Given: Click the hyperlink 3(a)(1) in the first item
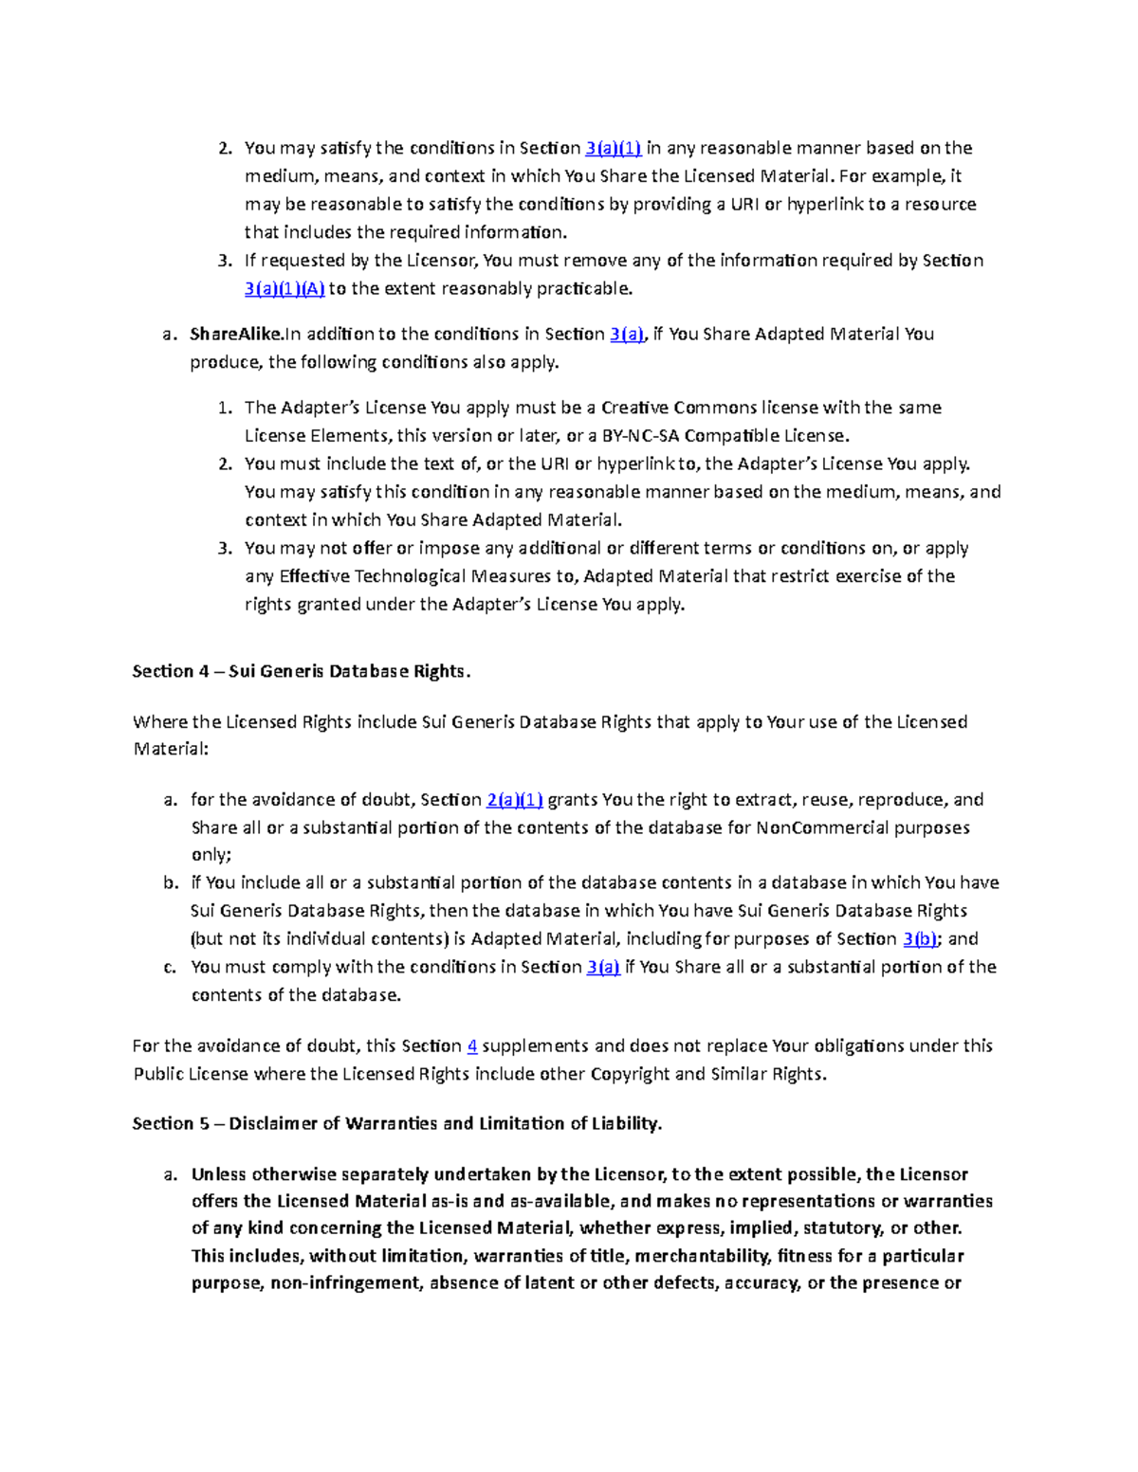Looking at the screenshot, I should point(614,148).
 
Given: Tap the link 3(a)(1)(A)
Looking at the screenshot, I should point(284,288).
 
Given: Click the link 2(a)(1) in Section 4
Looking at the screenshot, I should point(514,800).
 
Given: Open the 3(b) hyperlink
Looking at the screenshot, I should point(920,939).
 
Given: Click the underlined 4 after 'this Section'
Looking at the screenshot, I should point(471,1046).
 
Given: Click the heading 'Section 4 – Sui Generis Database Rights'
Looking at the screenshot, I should point(302,671).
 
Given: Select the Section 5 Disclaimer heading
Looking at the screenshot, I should point(396,1123).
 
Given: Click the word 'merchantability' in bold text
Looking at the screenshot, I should point(703,1256).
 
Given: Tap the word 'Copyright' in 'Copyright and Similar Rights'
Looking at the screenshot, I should point(630,1074).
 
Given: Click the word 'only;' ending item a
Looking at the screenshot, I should point(211,855).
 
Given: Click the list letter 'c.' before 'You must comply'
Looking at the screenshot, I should point(170,968).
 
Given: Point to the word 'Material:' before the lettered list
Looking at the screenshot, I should point(170,749).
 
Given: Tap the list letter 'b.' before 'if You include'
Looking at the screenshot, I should point(170,882).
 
